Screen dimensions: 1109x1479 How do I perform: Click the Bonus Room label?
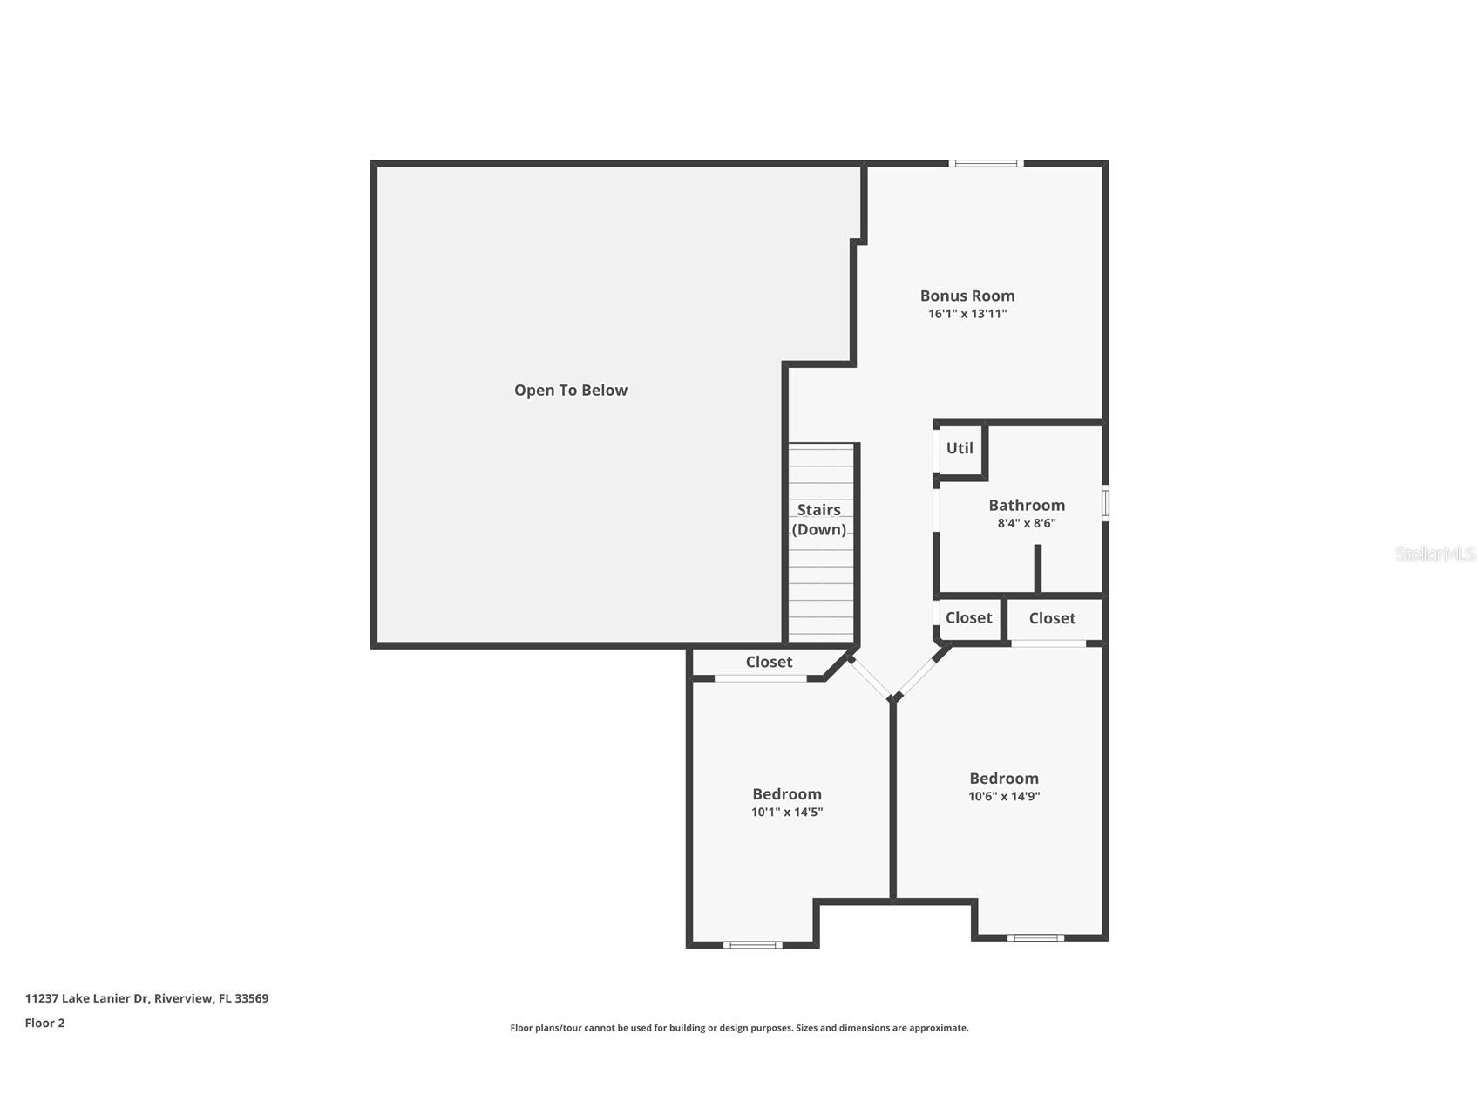pyautogui.click(x=967, y=296)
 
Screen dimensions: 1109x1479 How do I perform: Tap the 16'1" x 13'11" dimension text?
pyautogui.click(x=967, y=314)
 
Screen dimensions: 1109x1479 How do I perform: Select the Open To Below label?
pyautogui.click(x=571, y=391)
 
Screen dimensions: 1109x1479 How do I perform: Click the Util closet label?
pyautogui.click(x=960, y=448)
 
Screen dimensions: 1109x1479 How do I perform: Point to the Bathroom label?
pyautogui.click(x=1027, y=506)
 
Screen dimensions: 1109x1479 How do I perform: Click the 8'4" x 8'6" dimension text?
pyautogui.click(x=1027, y=524)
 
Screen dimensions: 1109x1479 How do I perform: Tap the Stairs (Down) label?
pyautogui.click(x=819, y=520)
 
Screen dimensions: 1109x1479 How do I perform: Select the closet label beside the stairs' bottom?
pyautogui.click(x=769, y=663)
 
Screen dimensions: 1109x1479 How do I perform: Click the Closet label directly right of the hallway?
pyautogui.click(x=968, y=618)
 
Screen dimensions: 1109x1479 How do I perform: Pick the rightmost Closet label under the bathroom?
pyautogui.click(x=1052, y=619)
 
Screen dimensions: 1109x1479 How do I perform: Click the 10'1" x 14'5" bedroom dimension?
pyautogui.click(x=787, y=813)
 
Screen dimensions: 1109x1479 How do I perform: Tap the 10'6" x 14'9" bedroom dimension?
pyautogui.click(x=1004, y=797)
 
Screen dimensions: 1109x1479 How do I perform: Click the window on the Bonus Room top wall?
pyautogui.click(x=986, y=163)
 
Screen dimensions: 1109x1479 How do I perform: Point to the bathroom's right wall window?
pyautogui.click(x=1105, y=503)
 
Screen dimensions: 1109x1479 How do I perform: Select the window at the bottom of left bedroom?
pyautogui.click(x=752, y=945)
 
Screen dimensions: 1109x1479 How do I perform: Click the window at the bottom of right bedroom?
pyautogui.click(x=1035, y=938)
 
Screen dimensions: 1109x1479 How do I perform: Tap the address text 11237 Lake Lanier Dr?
pyautogui.click(x=146, y=999)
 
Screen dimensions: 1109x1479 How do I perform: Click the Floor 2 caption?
pyautogui.click(x=44, y=1024)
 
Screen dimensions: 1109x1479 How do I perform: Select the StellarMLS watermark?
pyautogui.click(x=1435, y=554)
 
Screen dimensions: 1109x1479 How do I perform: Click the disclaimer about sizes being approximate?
pyautogui.click(x=739, y=1029)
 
